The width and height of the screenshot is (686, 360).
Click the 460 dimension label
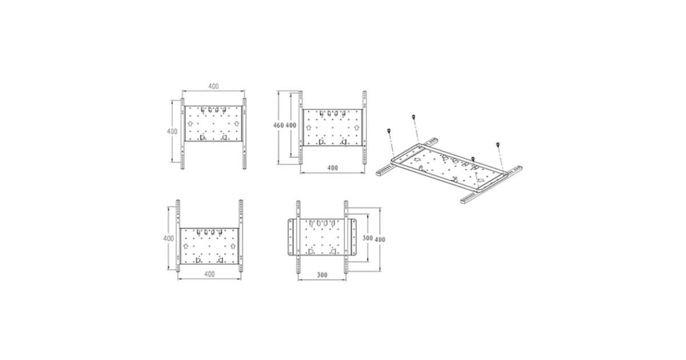point(278,125)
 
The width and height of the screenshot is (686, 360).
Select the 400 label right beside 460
point(291,125)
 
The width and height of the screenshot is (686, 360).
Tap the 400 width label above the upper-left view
point(213,86)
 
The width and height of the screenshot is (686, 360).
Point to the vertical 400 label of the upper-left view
point(172,131)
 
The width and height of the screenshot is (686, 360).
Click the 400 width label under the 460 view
point(333,168)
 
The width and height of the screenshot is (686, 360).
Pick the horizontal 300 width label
point(322,275)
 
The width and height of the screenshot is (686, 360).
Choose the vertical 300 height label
point(368,238)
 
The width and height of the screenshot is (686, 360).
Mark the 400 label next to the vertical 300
point(380,239)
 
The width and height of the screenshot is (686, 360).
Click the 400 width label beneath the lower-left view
point(209,274)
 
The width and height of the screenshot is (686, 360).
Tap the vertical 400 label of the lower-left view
point(169,238)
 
